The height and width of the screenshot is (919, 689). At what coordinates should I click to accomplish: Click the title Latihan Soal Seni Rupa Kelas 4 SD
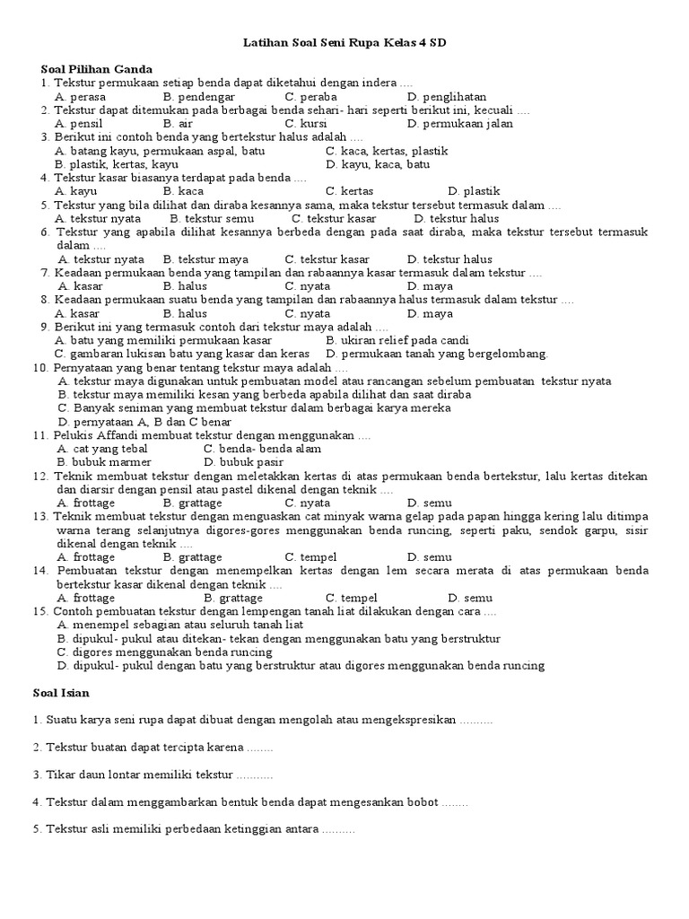pyautogui.click(x=344, y=42)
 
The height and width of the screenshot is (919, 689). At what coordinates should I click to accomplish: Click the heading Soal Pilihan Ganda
pyautogui.click(x=97, y=69)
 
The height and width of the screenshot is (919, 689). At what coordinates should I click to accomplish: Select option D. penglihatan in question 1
pyautogui.click(x=446, y=96)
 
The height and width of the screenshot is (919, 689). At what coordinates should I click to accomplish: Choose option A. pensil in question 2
pyautogui.click(x=78, y=123)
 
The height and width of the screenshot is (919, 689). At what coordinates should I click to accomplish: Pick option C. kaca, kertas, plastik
pyautogui.click(x=387, y=151)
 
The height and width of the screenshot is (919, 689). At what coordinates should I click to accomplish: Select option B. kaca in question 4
pyautogui.click(x=183, y=191)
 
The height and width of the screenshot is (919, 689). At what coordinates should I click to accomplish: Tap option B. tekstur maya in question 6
pyautogui.click(x=205, y=259)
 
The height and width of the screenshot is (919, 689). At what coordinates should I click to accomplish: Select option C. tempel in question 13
pyautogui.click(x=310, y=557)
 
